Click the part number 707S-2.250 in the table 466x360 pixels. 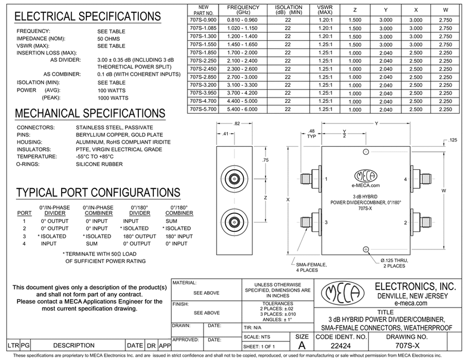pyautogui.click(x=201, y=61)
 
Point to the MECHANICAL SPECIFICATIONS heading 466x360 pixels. pyautogui.click(x=91, y=114)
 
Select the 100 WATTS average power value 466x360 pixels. pyautogui.click(x=111, y=91)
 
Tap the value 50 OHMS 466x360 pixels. pyautogui.click(x=107, y=39)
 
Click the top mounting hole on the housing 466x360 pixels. pyautogui.click(x=366, y=151)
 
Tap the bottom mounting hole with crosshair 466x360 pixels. pyautogui.click(x=366, y=249)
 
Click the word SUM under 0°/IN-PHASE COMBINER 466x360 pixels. pyautogui.click(x=92, y=243)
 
